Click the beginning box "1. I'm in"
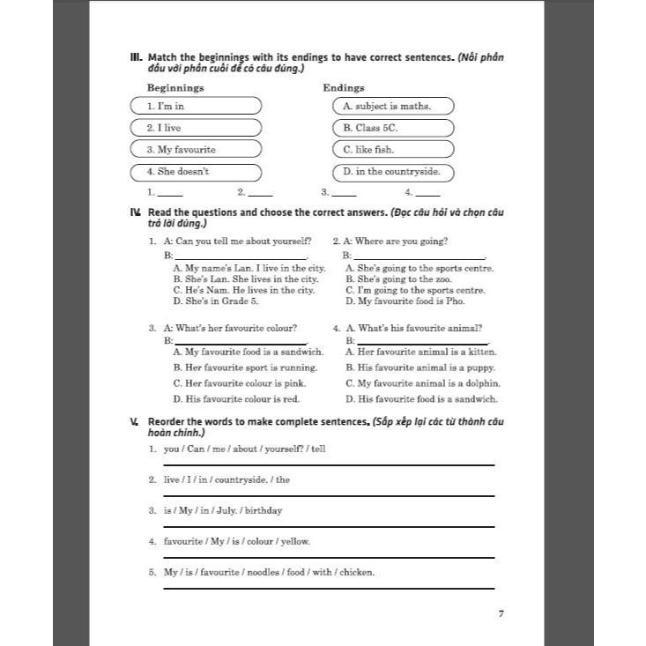click(196, 106)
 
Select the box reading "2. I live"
click(196, 128)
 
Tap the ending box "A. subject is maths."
click(393, 106)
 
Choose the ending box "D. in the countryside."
click(393, 172)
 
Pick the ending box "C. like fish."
click(393, 150)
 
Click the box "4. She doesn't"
click(196, 172)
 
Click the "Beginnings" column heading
click(175, 88)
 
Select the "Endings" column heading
click(344, 88)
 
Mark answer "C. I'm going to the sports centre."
click(415, 290)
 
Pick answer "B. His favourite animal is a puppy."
click(420, 368)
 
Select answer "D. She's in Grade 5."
click(216, 301)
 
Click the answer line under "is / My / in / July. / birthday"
click(329, 527)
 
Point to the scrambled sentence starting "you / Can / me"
click(244, 449)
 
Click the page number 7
click(501, 614)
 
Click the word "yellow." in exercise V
click(295, 541)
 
